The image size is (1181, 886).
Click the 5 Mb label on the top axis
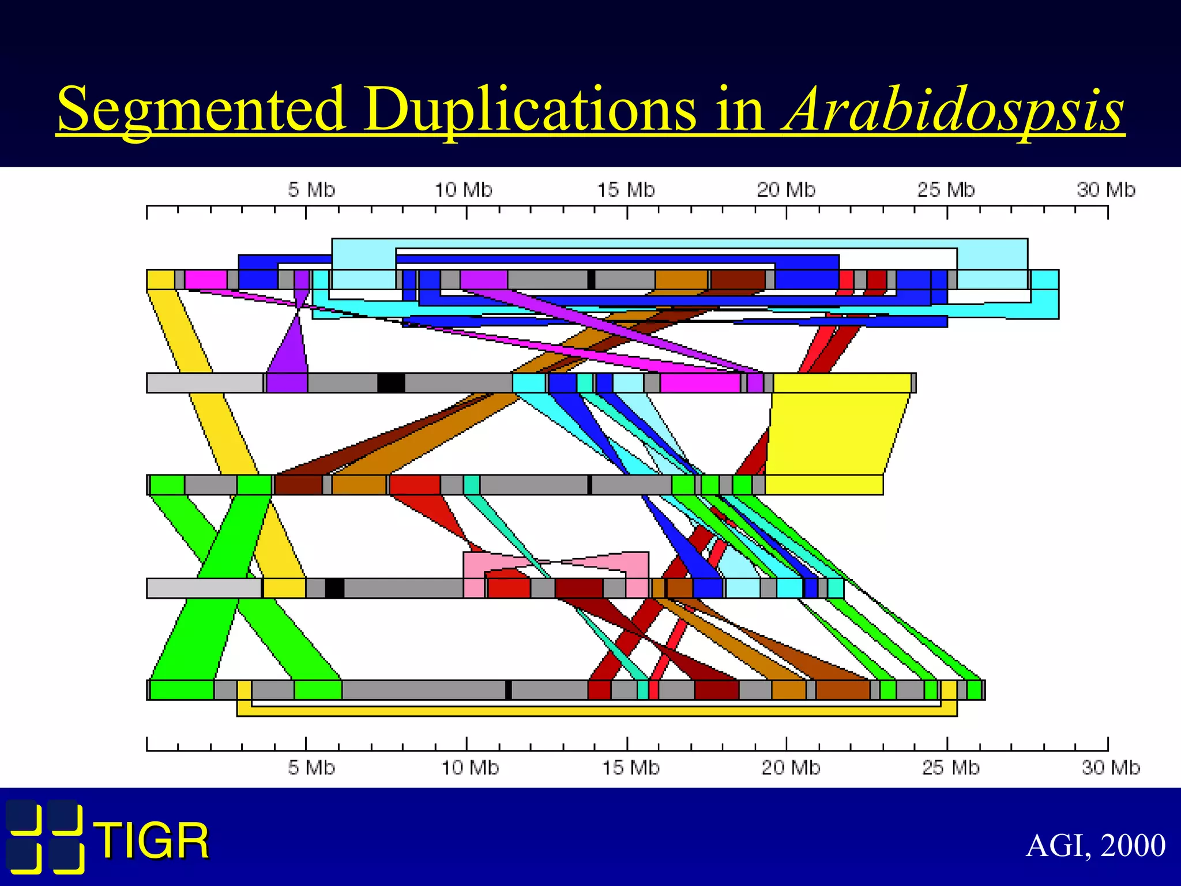point(311,190)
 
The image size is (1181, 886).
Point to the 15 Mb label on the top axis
point(626,190)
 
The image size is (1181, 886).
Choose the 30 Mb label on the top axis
point(1105,190)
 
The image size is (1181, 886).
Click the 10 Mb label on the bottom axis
point(470,768)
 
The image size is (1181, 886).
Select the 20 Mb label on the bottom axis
point(791,768)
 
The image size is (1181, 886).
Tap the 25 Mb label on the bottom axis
point(950,768)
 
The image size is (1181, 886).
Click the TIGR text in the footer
point(153,841)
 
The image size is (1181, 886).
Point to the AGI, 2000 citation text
point(1096,846)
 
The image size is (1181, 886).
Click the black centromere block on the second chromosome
point(391,383)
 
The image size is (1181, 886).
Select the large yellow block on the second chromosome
point(842,383)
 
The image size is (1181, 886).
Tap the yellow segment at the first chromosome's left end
point(160,280)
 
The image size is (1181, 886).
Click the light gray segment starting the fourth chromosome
point(204,588)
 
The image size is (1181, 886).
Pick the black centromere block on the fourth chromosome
point(334,588)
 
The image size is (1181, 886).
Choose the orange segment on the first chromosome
point(681,280)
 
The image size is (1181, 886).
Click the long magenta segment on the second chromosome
point(700,383)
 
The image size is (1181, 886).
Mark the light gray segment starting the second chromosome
point(205,383)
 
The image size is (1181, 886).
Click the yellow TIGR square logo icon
point(45,836)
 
